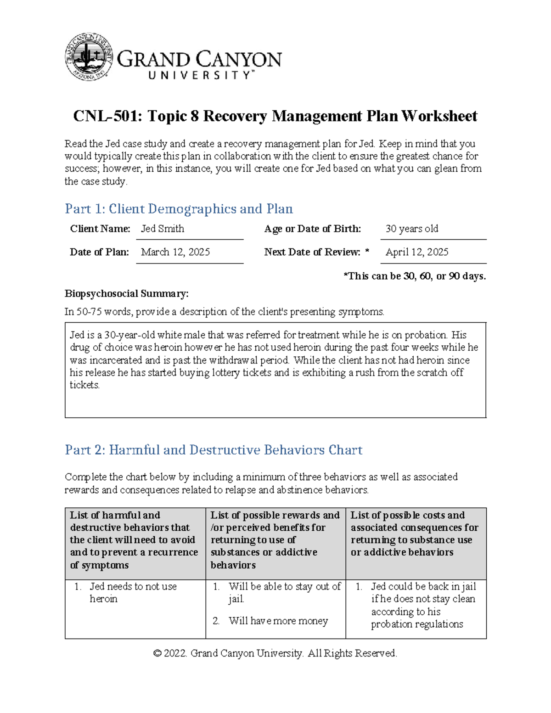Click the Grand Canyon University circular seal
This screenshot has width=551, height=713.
point(89,57)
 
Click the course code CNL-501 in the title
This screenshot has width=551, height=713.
point(107,116)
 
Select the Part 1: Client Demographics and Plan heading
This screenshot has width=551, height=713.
point(179,209)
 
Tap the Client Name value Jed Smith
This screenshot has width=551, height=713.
point(163,229)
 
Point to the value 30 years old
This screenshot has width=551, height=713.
point(412,229)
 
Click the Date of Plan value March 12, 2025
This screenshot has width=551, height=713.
point(175,252)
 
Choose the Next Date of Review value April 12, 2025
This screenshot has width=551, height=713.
point(417,252)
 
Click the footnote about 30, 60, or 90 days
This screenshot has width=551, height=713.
point(415,276)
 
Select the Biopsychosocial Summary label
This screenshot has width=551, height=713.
point(127,294)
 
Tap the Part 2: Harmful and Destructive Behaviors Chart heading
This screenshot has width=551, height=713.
point(214,450)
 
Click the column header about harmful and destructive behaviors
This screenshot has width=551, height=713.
point(134,540)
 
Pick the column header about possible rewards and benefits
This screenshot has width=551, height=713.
point(275,540)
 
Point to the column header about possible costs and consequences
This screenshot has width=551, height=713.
point(414,533)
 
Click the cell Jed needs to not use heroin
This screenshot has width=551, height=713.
point(133,593)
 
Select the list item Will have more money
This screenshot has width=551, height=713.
point(278,621)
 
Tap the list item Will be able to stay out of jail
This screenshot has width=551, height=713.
point(284,593)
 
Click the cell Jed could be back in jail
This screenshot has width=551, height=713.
point(423,605)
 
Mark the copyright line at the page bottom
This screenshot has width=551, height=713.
point(275,653)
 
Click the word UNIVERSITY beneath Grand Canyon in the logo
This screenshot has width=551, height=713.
point(200,75)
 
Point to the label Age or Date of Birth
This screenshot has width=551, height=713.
point(312,229)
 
